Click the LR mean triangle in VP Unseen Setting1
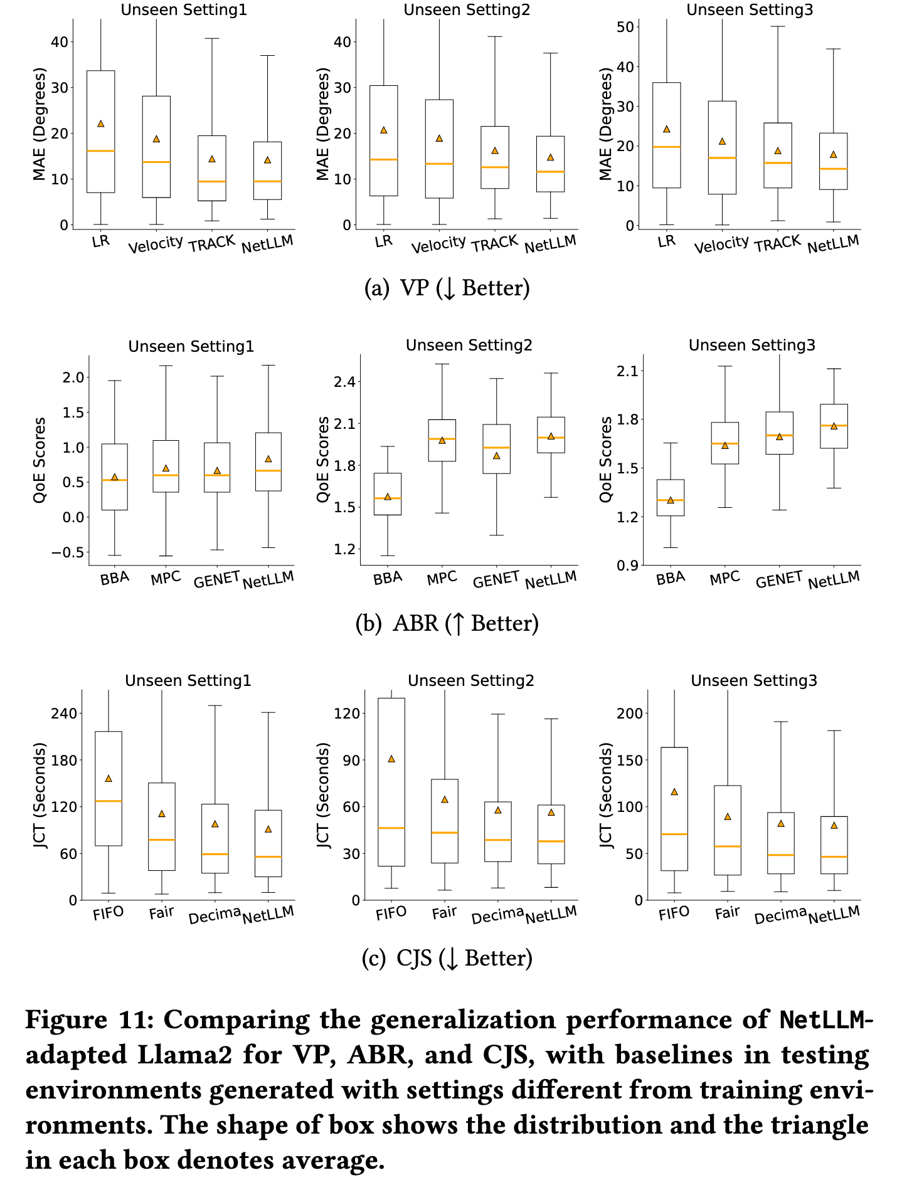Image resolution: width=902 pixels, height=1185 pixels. pyautogui.click(x=101, y=124)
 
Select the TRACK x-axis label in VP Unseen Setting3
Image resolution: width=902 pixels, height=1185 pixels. pyautogui.click(x=778, y=244)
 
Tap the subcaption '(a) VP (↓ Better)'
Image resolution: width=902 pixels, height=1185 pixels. pyautogui.click(x=447, y=288)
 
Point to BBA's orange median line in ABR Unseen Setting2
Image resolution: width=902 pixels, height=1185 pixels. pyautogui.click(x=388, y=498)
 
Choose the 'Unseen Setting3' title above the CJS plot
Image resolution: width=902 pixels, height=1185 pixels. pyautogui.click(x=754, y=681)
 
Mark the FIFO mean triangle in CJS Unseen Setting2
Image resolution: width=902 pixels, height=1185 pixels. pyautogui.click(x=391, y=759)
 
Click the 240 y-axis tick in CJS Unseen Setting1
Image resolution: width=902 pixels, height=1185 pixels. pyautogui.click(x=64, y=714)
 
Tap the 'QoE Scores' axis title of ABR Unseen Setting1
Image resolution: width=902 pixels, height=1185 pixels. pyautogui.click(x=40, y=460)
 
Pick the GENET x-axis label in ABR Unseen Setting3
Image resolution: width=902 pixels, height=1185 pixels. pyautogui.click(x=779, y=580)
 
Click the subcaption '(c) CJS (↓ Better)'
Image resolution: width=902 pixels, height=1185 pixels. pyautogui.click(x=447, y=959)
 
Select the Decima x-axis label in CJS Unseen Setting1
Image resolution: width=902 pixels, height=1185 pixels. pyautogui.click(x=215, y=916)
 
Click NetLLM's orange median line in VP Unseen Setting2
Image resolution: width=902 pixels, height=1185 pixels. pyautogui.click(x=551, y=172)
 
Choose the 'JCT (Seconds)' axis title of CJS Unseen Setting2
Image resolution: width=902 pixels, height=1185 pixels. pyautogui.click(x=324, y=795)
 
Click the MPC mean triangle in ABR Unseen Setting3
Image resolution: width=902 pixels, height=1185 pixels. pyautogui.click(x=725, y=445)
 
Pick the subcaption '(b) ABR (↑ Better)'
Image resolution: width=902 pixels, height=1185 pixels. pyautogui.click(x=447, y=624)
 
